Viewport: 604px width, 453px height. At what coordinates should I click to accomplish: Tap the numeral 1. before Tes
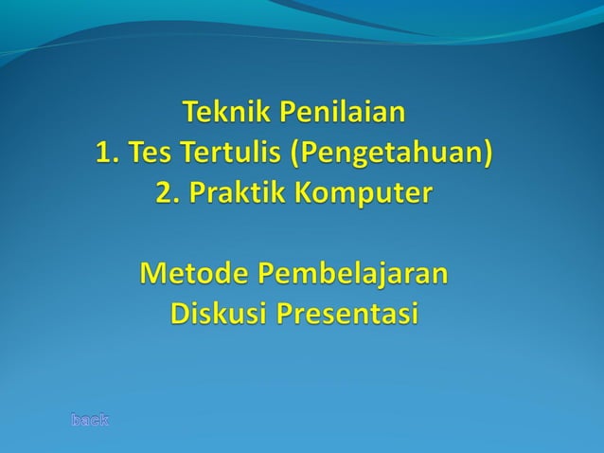pyautogui.click(x=106, y=153)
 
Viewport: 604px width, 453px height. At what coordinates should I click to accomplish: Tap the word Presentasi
pyautogui.click(x=346, y=313)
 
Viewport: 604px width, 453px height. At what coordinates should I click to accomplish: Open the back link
pyautogui.click(x=91, y=418)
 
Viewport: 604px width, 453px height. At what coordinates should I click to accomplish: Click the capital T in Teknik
pyautogui.click(x=189, y=116)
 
